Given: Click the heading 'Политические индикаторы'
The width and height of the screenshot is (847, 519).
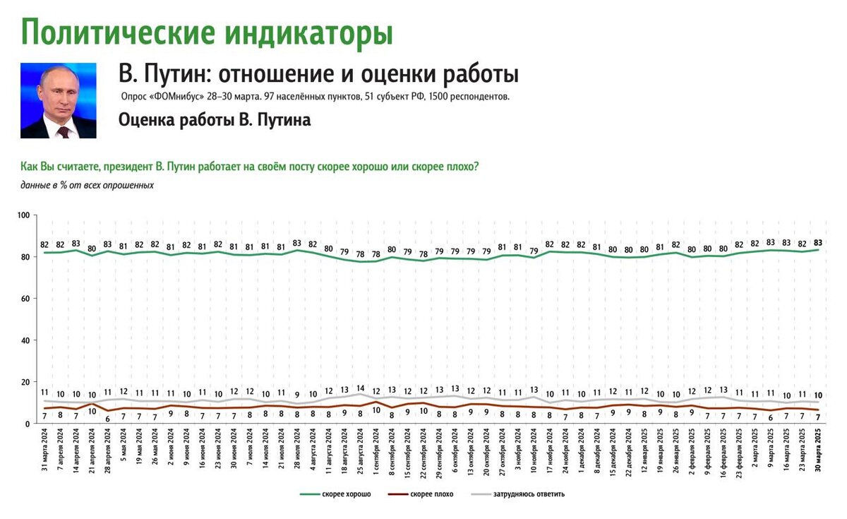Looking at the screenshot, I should (206, 32).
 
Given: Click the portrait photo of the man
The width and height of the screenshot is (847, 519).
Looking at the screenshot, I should (58, 100).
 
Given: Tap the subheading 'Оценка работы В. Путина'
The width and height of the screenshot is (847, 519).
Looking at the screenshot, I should (215, 120).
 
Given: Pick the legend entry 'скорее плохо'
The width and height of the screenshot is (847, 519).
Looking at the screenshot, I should (431, 494).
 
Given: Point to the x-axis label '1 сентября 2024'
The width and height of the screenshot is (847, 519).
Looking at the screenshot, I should (376, 455).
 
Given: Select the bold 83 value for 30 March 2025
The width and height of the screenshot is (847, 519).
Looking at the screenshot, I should (817, 243).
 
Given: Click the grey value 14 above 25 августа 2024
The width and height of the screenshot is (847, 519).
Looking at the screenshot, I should (360, 388).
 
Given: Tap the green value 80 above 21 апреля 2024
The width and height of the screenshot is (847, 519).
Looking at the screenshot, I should (92, 248).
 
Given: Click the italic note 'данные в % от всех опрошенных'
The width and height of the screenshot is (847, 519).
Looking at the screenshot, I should (87, 185).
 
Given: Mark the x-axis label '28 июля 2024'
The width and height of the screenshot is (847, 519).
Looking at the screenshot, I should (297, 455).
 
